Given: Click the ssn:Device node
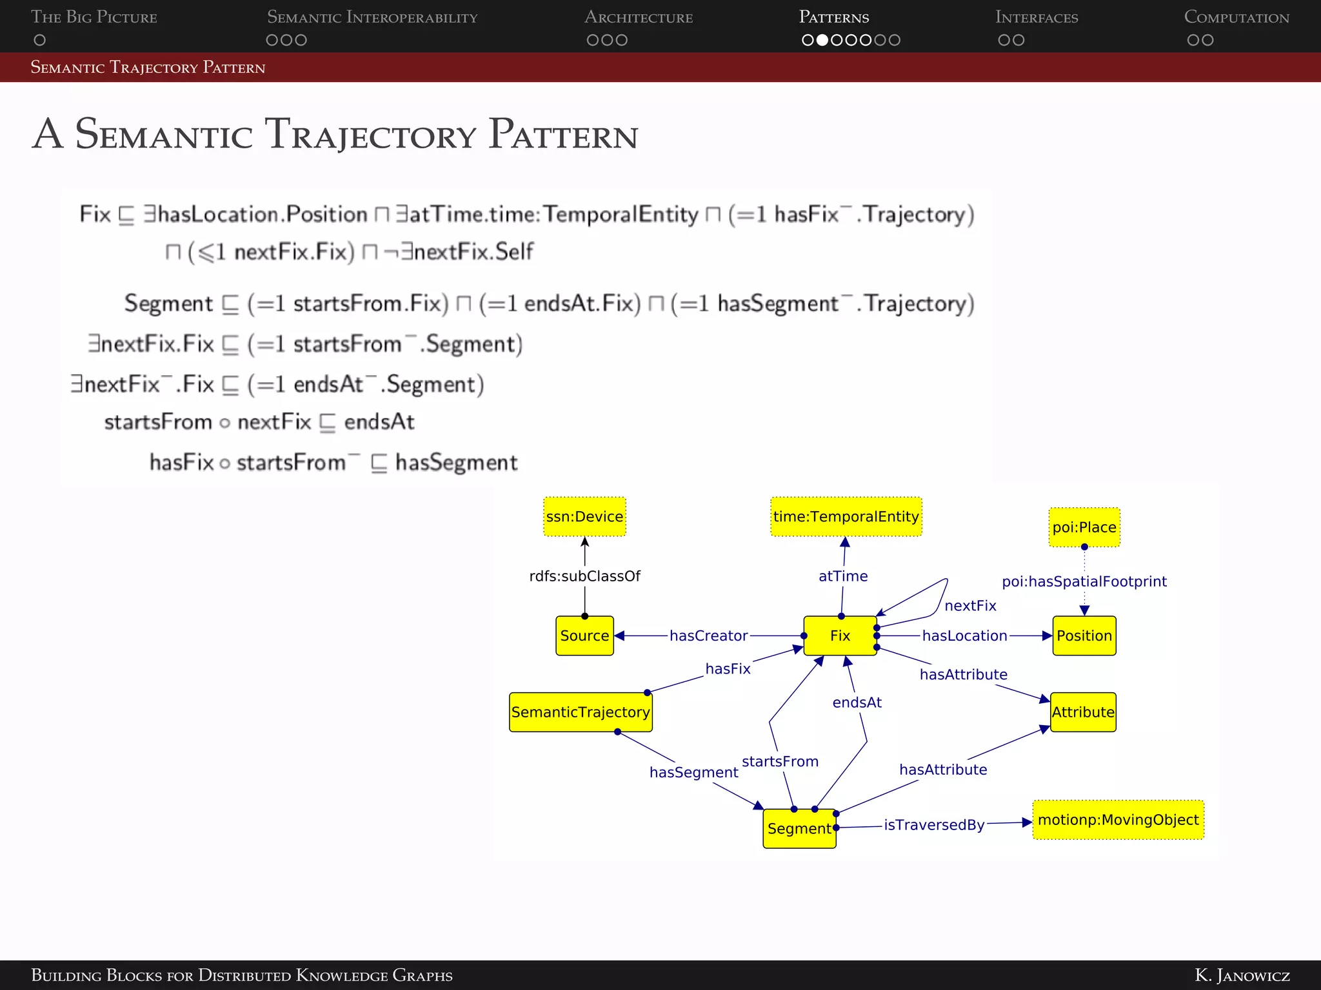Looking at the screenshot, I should (584, 516).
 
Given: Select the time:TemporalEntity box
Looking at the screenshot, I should (846, 516).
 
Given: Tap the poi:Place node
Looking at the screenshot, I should (1084, 527).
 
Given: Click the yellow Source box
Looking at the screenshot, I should (584, 636).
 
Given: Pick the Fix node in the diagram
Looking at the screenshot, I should (840, 636).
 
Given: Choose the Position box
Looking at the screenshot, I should (1084, 636).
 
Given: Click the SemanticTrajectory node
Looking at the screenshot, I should (581, 712).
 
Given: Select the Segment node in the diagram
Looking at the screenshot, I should (799, 829).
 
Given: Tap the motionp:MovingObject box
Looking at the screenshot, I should (1118, 820).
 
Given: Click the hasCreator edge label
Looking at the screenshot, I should (708, 636).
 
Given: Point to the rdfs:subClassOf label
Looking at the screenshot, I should (584, 576).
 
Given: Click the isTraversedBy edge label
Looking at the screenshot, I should (933, 825).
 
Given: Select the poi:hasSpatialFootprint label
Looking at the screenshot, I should (1084, 581).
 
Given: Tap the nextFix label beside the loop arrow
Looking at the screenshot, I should (970, 606).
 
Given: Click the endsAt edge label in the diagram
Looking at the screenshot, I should (857, 703).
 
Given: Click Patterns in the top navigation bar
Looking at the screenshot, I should (833, 17).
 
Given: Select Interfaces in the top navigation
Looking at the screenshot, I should (1036, 17).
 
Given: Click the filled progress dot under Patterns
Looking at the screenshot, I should (822, 40).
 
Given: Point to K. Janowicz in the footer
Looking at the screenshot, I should (1242, 975).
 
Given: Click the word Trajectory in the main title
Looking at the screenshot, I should (372, 135).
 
